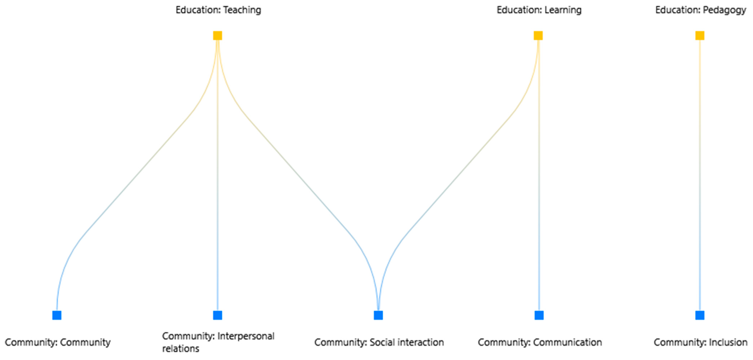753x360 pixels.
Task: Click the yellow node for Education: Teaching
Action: point(218,35)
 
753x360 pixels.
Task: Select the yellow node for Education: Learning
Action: point(538,35)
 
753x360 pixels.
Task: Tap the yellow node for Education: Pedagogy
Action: point(700,35)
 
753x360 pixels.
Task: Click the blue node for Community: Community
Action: point(57,315)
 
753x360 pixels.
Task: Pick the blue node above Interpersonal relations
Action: point(218,315)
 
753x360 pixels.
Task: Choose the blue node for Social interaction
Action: point(378,315)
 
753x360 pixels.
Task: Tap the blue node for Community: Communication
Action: point(539,315)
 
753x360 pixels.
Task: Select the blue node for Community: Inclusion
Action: point(700,315)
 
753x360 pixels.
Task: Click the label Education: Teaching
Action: point(218,10)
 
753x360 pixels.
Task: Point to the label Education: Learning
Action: point(539,10)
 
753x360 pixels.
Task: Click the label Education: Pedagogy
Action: point(700,10)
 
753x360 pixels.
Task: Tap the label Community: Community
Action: point(58,342)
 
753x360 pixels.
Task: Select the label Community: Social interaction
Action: point(379,342)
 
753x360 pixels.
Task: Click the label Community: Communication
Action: point(540,342)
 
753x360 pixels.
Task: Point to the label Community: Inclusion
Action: point(700,342)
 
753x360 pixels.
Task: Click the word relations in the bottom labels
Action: point(181,349)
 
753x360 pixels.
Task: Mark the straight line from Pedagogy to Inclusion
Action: point(700,175)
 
